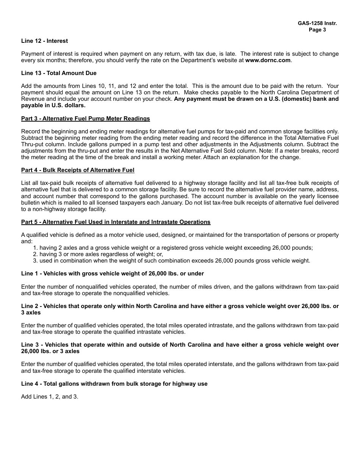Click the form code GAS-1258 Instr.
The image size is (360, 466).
[317, 23]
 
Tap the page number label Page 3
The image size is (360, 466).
[317, 30]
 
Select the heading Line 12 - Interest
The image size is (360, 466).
[44, 41]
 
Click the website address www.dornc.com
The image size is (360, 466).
[268, 60]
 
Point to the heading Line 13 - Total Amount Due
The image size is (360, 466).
[59, 73]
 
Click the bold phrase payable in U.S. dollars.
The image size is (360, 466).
[53, 105]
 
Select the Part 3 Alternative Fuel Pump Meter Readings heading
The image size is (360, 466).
[85, 119]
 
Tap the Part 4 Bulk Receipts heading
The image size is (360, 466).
[78, 170]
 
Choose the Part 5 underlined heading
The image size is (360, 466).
[116, 222]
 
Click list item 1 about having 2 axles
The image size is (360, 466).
[173, 248]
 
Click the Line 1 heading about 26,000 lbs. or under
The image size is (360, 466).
[112, 274]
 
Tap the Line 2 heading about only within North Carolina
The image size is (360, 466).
[180, 306]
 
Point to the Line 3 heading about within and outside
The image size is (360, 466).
[180, 345]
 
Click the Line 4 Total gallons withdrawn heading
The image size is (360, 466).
[114, 384]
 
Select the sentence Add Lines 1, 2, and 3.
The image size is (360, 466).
[50, 397]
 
